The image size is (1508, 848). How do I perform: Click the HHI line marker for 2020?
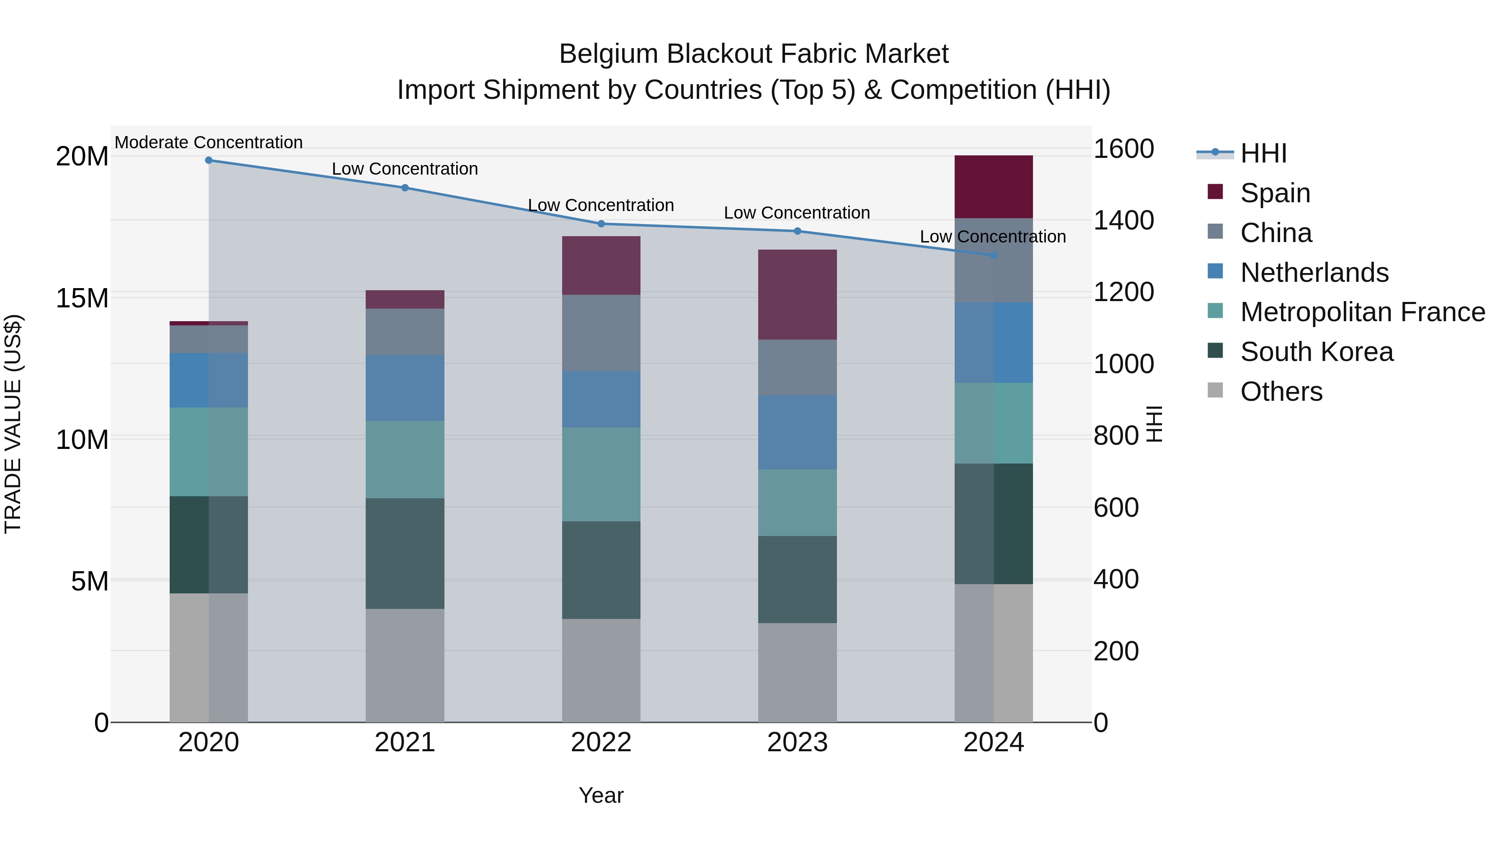point(209,160)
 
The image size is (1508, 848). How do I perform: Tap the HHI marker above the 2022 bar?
point(601,224)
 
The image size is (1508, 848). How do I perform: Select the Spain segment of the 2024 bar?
point(994,187)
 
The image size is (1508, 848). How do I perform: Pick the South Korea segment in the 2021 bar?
point(405,553)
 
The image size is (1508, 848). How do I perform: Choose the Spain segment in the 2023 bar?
point(797,294)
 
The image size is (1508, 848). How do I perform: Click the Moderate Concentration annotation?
point(209,142)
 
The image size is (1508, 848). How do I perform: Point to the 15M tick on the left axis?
point(82,298)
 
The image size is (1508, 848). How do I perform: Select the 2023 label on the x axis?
point(797,742)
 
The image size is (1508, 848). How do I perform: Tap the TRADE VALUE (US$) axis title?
point(13,424)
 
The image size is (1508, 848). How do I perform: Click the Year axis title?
point(601,795)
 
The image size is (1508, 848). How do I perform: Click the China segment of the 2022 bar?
point(601,332)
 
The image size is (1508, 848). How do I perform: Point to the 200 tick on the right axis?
point(1116,651)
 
